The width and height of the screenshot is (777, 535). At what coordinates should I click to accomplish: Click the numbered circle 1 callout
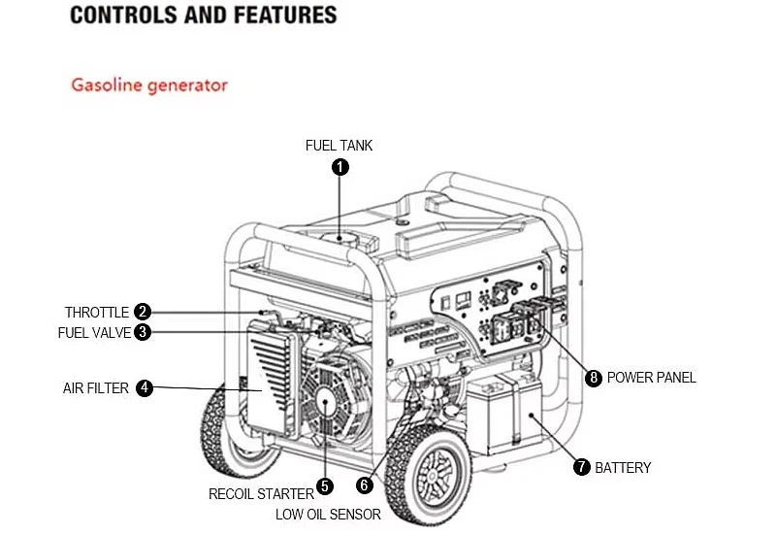click(340, 167)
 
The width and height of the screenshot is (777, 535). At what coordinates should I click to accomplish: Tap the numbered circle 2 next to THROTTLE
click(142, 312)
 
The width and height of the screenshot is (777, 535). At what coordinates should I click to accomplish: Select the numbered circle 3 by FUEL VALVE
click(142, 332)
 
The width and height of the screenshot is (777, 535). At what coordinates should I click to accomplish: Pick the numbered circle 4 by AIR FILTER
click(144, 387)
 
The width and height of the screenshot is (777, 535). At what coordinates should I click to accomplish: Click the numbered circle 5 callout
click(325, 486)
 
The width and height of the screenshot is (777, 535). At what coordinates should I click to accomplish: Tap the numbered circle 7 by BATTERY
click(581, 467)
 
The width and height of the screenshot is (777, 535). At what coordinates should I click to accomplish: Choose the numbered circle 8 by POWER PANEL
click(594, 378)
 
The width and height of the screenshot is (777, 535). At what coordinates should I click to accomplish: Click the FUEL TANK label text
click(339, 146)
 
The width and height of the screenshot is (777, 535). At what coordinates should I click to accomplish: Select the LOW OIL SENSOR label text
click(328, 515)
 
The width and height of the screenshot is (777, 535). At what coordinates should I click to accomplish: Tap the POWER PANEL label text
click(652, 378)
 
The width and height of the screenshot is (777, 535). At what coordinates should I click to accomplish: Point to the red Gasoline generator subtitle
click(149, 84)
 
